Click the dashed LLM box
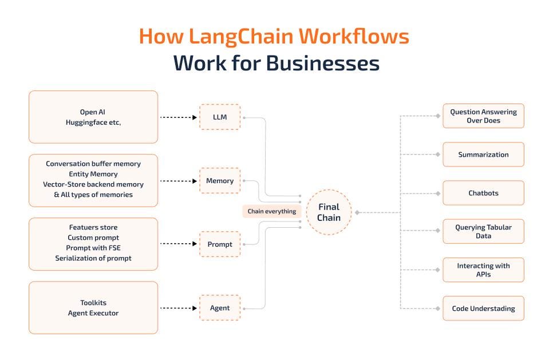tap(220, 117)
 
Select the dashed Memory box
tap(220, 181)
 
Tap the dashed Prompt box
tap(220, 244)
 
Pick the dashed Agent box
tap(220, 308)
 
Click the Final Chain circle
tap(329, 212)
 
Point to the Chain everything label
tap(271, 211)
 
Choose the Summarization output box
tap(483, 155)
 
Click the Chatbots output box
tap(483, 193)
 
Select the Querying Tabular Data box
tap(483, 231)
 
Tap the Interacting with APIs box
tap(483, 270)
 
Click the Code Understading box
tap(483, 308)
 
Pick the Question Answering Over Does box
tap(483, 116)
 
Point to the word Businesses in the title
tap(322, 63)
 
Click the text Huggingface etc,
tap(93, 122)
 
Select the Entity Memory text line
tap(93, 174)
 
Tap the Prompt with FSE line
tap(93, 248)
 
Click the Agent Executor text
tap(93, 313)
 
